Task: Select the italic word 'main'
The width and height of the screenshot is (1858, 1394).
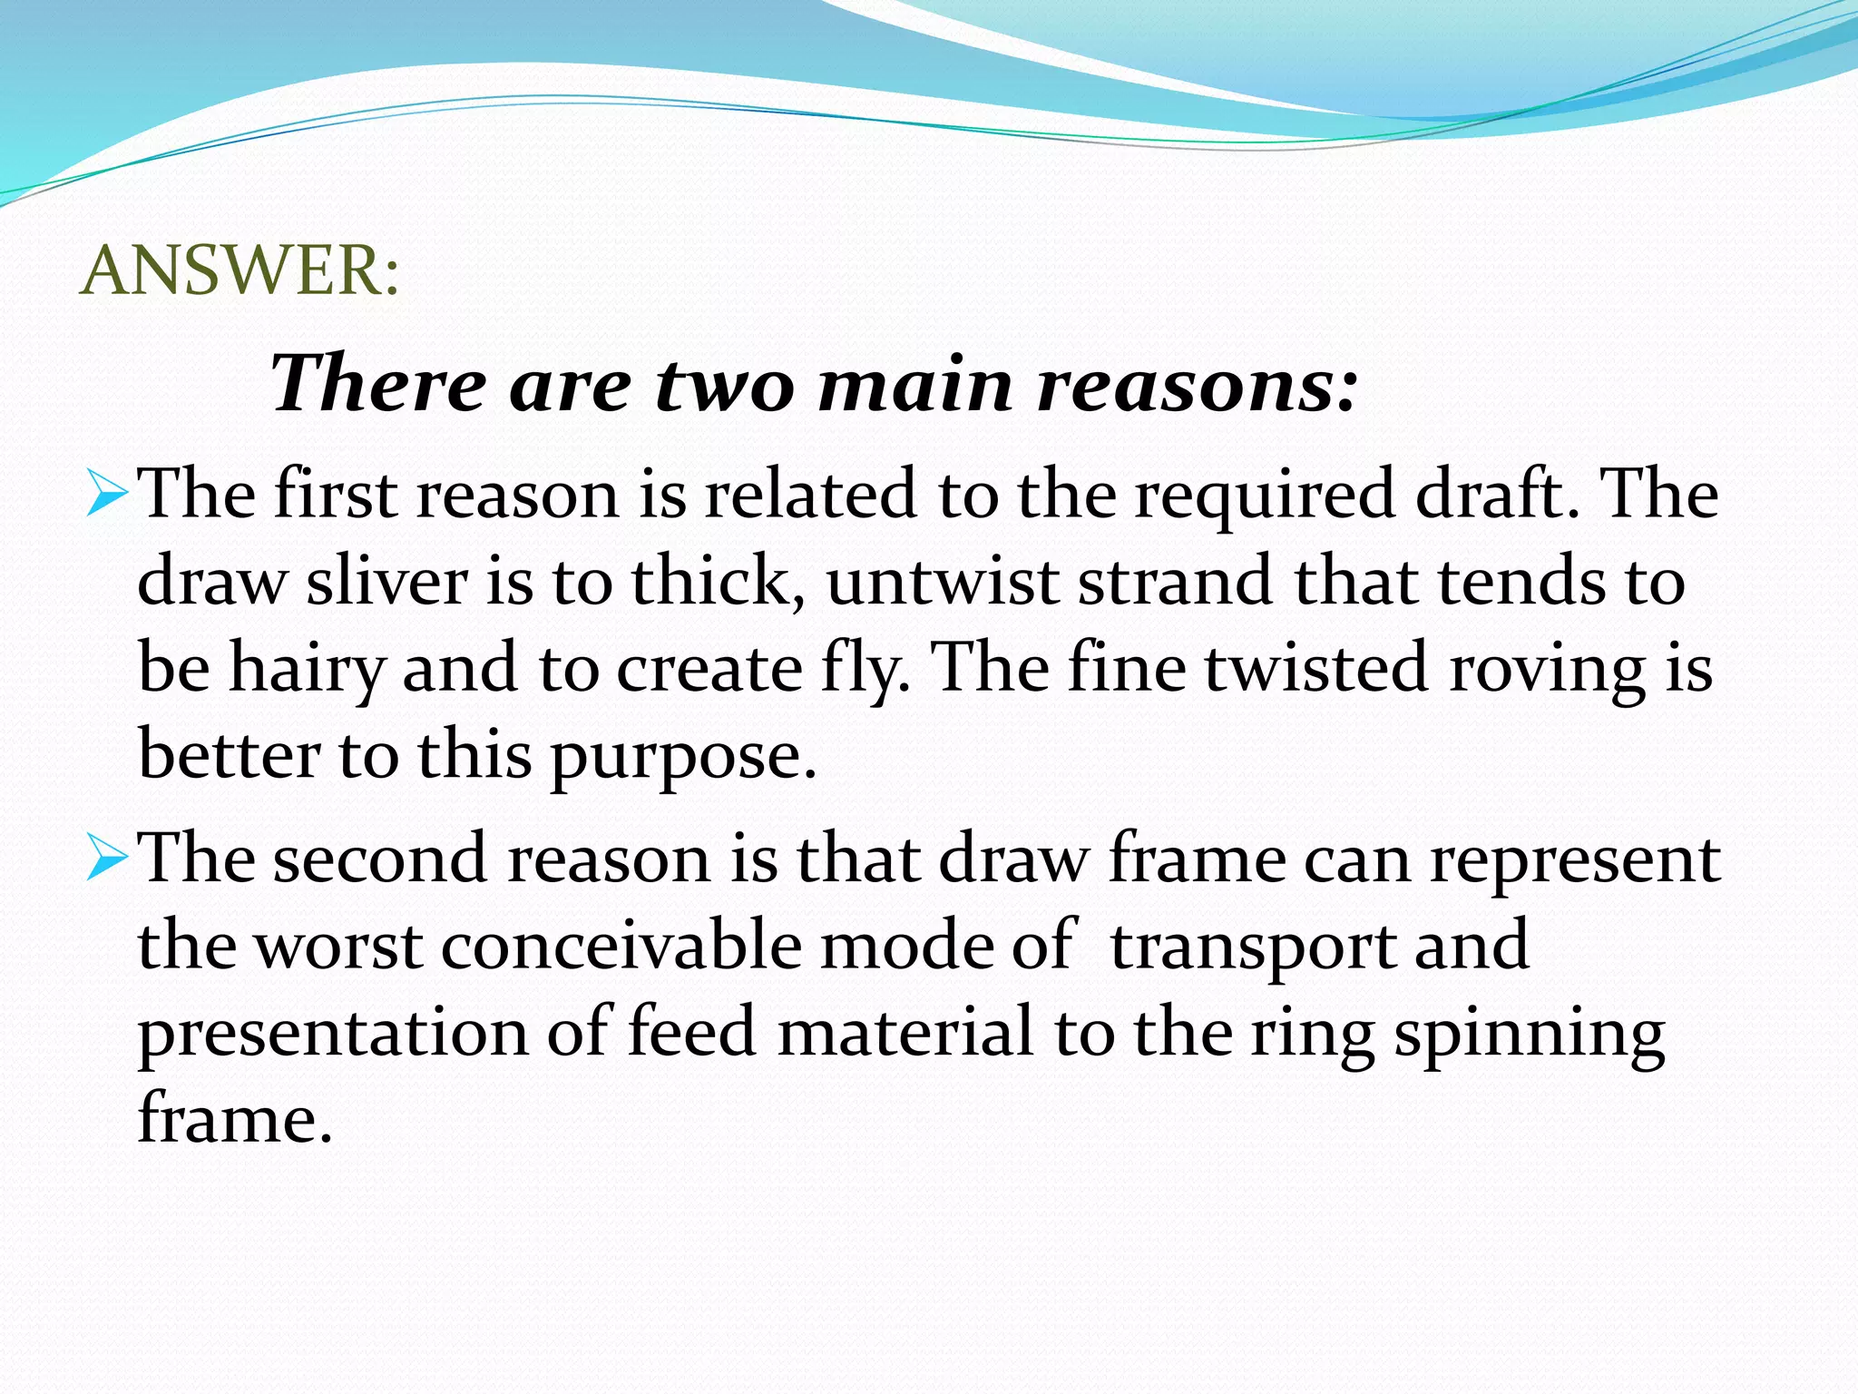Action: pos(914,385)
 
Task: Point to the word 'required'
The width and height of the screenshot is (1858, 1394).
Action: pos(1264,497)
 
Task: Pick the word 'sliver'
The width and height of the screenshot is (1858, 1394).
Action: pos(387,582)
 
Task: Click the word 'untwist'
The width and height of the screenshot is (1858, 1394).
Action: pos(942,582)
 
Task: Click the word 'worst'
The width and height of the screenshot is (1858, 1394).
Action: pos(337,947)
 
